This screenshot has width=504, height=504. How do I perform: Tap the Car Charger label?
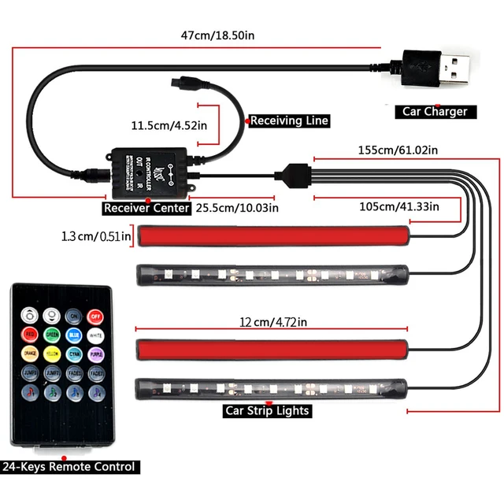click(435, 112)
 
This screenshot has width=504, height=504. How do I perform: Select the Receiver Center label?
click(147, 208)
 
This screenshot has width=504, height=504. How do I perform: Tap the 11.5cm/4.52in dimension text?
click(169, 124)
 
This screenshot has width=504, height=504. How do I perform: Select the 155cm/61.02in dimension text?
click(398, 150)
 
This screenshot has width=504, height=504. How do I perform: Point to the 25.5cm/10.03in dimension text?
click(237, 208)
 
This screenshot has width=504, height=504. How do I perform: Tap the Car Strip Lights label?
click(268, 410)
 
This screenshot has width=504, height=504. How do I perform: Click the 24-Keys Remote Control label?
click(69, 466)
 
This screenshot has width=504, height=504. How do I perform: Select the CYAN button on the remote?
click(74, 355)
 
